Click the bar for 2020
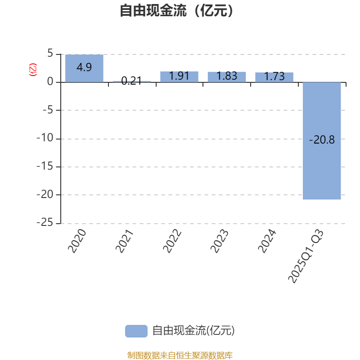(84, 68)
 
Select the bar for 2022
(179, 76)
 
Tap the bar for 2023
(227, 76)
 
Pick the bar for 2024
(274, 77)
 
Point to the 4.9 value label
(84, 67)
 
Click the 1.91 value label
(179, 76)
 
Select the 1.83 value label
(227, 76)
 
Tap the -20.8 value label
(322, 140)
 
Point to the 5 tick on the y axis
(50, 54)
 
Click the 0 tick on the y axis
(50, 82)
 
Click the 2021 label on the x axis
(125, 241)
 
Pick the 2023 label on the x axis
(220, 241)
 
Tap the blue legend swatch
(136, 331)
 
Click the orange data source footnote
(180, 355)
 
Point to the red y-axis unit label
(33, 70)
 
